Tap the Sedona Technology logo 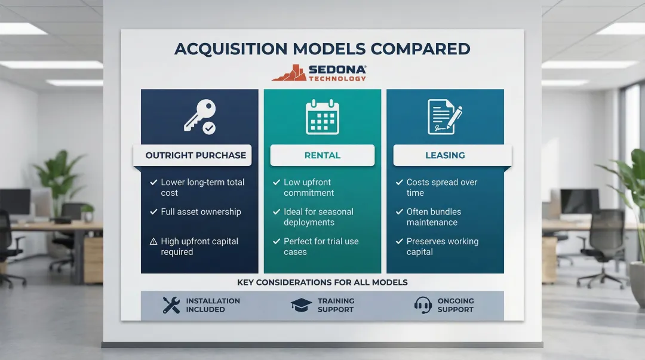tap(319, 73)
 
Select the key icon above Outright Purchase tap(199, 116)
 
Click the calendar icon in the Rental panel tap(322, 116)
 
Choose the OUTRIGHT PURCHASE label tap(195, 155)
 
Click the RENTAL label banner tap(322, 155)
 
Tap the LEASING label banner tap(445, 155)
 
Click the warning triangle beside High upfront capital tap(153, 242)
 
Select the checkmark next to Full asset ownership tap(153, 212)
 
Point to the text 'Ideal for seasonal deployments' tap(318, 217)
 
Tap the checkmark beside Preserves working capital tap(399, 242)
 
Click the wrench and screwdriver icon tap(171, 305)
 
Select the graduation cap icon tap(301, 305)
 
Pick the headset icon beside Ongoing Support tap(423, 305)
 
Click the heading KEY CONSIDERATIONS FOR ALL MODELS tap(322, 282)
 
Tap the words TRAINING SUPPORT tap(336, 305)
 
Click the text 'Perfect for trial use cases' tap(321, 247)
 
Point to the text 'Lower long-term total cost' tap(202, 187)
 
